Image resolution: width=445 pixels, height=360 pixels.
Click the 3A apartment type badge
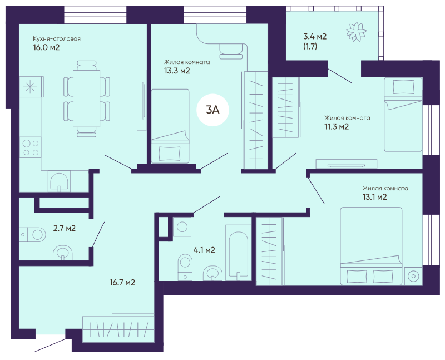pyautogui.click(x=212, y=110)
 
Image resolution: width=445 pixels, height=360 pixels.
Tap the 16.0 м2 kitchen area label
pyautogui.click(x=46, y=47)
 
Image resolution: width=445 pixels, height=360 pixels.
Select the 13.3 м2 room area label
pyautogui.click(x=177, y=71)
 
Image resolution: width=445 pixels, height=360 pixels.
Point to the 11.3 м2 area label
pyautogui.click(x=337, y=127)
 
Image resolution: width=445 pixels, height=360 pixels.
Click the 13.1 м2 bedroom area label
pyautogui.click(x=374, y=197)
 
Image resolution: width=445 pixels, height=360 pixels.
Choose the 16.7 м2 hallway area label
pyautogui.click(x=122, y=283)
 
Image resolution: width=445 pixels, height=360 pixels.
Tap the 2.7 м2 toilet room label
pyautogui.click(x=65, y=228)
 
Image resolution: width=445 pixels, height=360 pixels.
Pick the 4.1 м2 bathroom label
pyautogui.click(x=204, y=250)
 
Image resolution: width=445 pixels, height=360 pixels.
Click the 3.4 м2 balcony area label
pyautogui.click(x=315, y=36)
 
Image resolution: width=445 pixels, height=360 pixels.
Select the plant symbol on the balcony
pyautogui.click(x=356, y=31)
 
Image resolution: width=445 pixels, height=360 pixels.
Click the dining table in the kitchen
pyautogui.click(x=87, y=99)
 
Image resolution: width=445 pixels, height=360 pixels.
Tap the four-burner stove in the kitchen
pyautogui.click(x=31, y=147)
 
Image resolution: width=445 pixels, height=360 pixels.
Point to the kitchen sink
pyautogui.click(x=59, y=181)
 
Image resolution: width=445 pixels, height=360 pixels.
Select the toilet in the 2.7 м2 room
pyautogui.click(x=33, y=234)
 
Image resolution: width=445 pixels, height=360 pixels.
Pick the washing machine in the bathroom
pyautogui.click(x=182, y=227)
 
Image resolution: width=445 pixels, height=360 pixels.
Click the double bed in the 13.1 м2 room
pyautogui.click(x=371, y=246)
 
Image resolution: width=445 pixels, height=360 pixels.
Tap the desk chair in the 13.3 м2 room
pyautogui.click(x=231, y=51)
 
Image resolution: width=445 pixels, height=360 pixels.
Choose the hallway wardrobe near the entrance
pyautogui.click(x=118, y=329)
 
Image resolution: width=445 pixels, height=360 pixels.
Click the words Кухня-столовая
pyautogui.click(x=57, y=38)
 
